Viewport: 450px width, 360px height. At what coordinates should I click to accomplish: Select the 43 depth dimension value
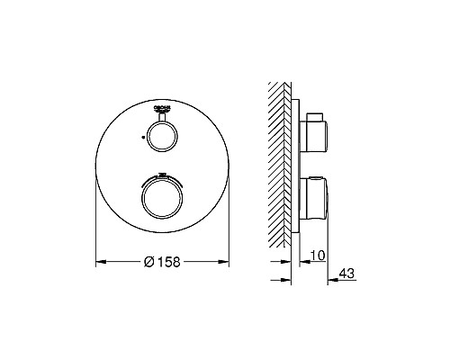click(346, 275)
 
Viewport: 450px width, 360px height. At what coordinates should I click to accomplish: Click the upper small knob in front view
click(162, 137)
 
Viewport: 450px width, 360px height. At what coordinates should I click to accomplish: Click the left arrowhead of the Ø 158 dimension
click(101, 262)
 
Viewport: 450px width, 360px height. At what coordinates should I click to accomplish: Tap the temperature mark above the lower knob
click(162, 174)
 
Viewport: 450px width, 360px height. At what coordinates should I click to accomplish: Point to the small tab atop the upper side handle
click(311, 115)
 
